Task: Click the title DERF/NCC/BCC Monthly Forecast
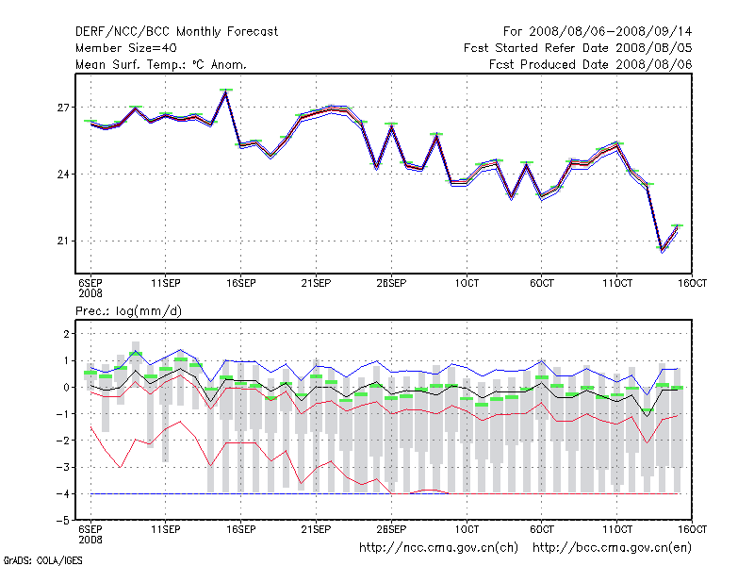coord(176,31)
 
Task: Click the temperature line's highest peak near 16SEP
coord(226,92)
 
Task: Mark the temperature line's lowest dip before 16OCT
coord(663,249)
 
